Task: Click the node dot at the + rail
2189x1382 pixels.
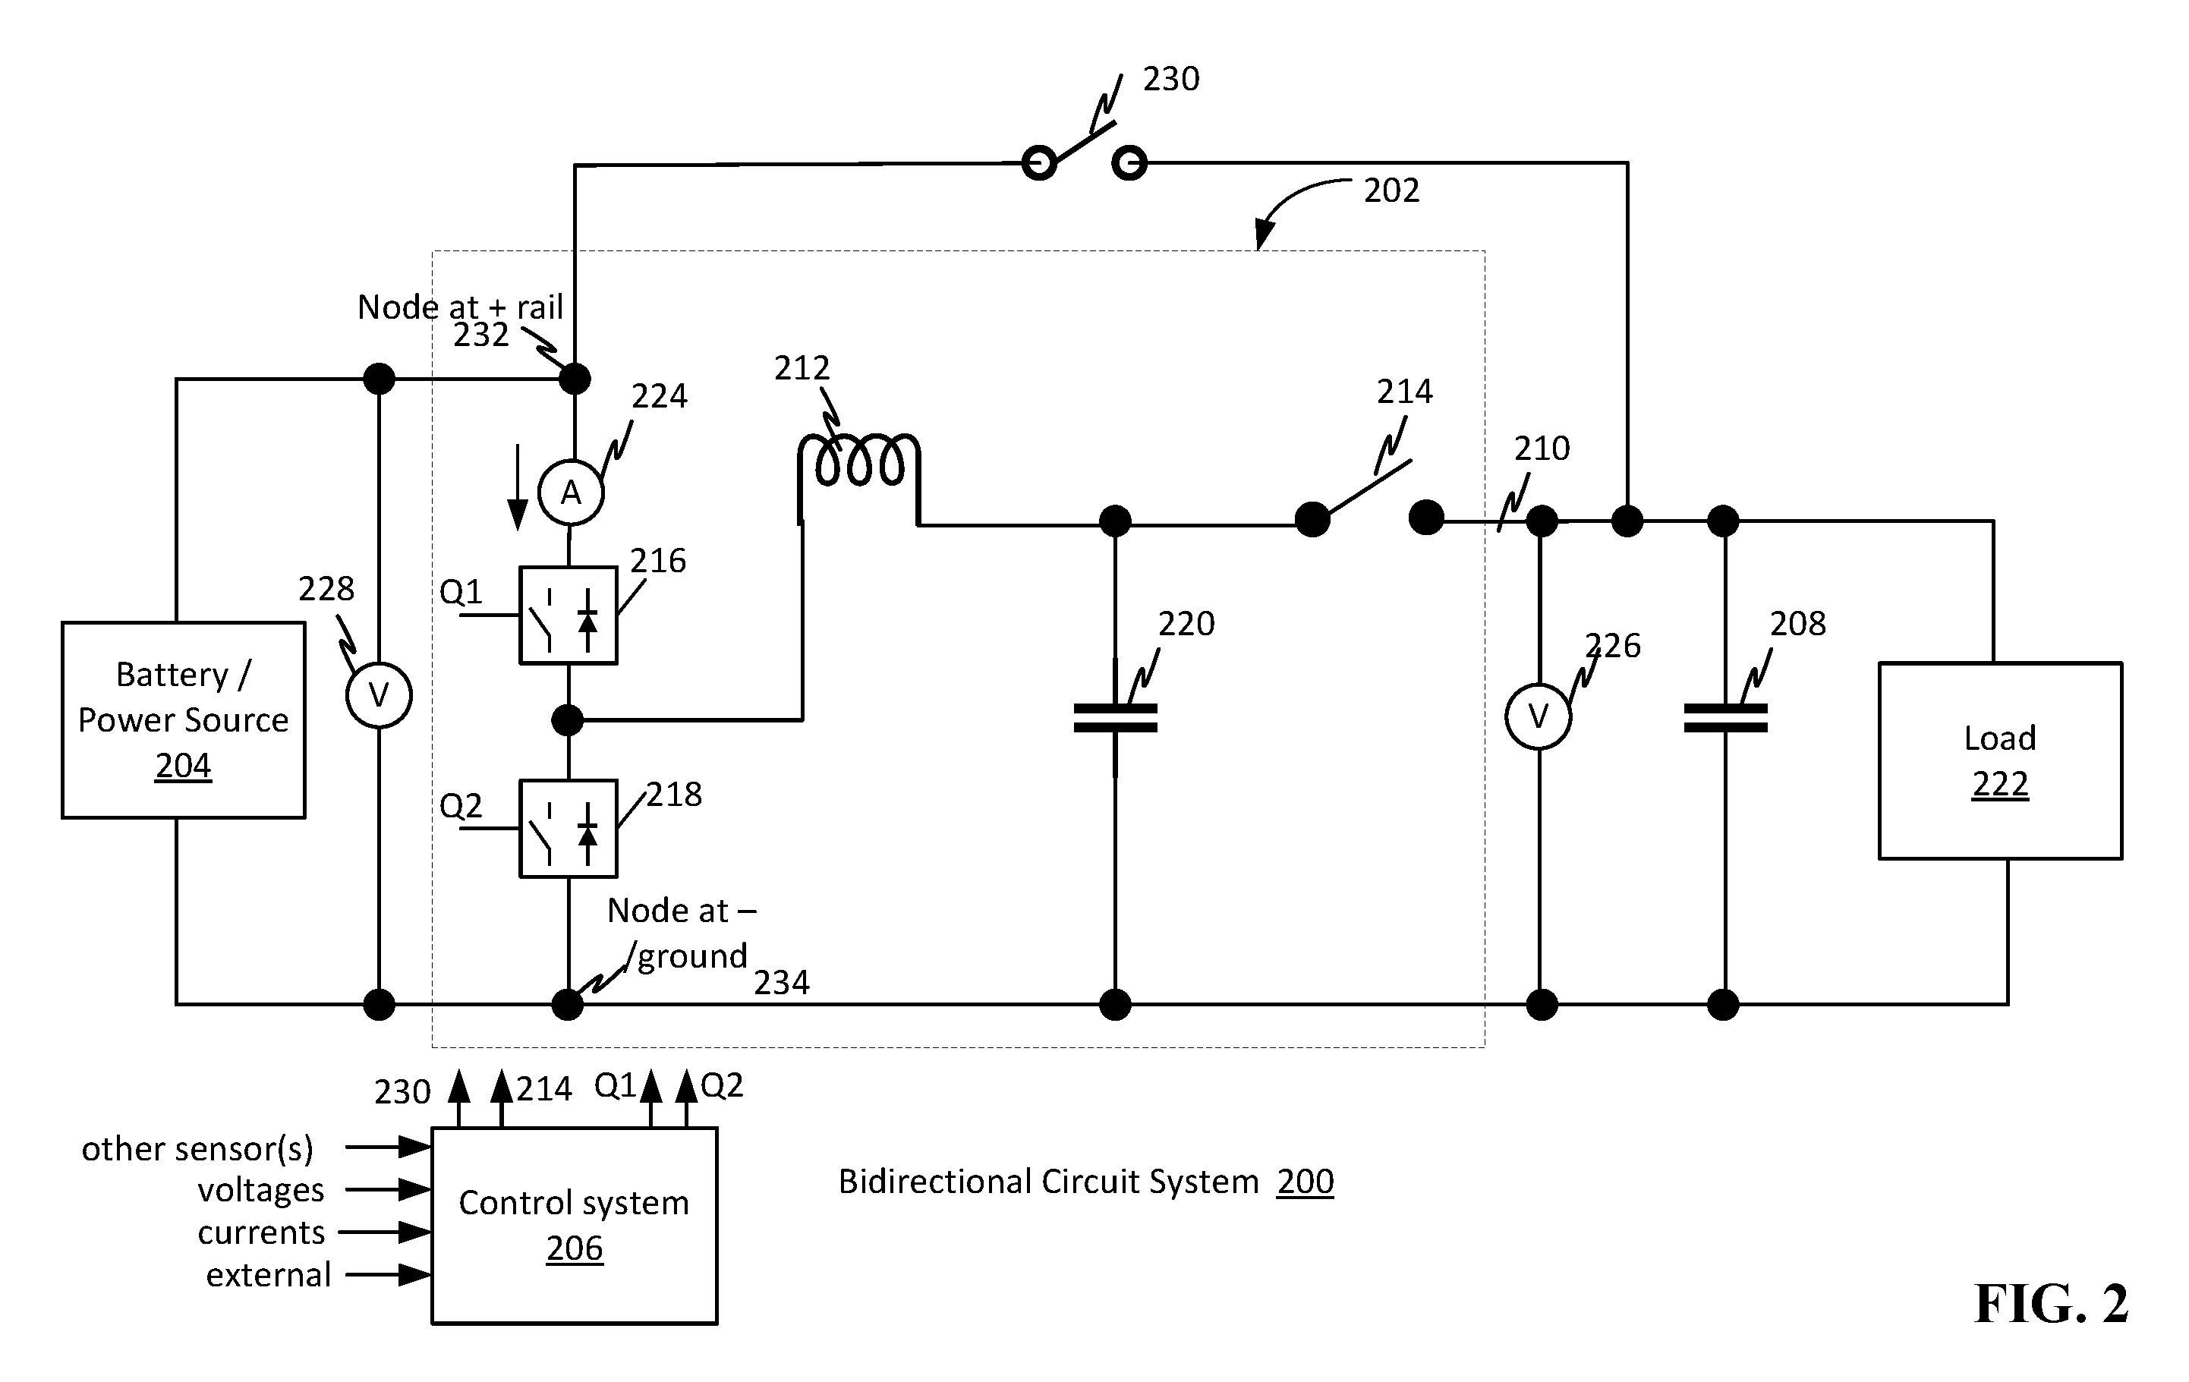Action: (574, 378)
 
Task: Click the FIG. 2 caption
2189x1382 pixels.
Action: (2052, 1304)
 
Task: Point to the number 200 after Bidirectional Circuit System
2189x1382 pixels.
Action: (1305, 1181)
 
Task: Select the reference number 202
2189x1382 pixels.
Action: (1391, 190)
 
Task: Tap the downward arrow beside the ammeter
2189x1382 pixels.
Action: (517, 487)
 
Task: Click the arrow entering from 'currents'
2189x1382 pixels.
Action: (386, 1233)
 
